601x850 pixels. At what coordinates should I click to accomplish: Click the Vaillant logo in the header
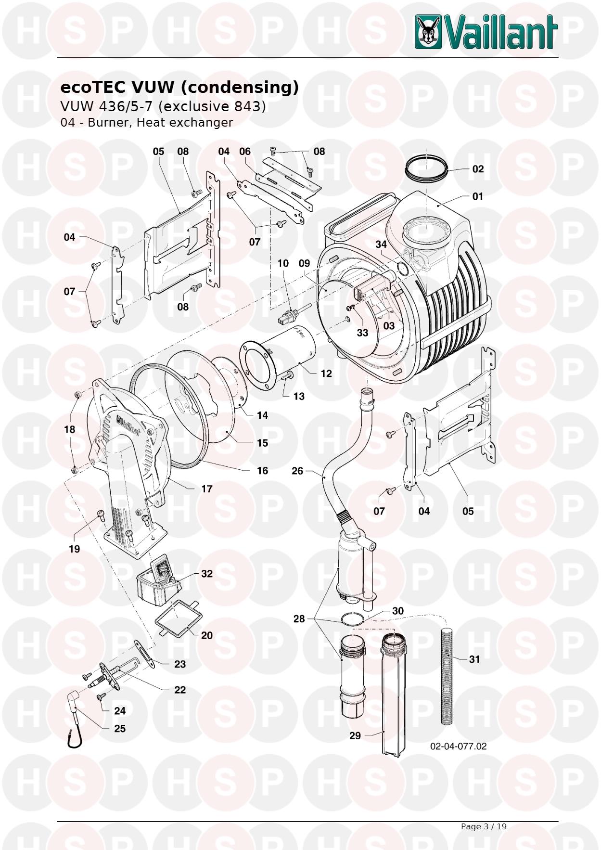point(486,31)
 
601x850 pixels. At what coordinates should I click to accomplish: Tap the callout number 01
point(477,196)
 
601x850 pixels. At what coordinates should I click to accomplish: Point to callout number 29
point(355,735)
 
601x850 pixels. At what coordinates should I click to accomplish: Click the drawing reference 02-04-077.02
point(458,746)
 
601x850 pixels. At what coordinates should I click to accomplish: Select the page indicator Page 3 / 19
point(484,826)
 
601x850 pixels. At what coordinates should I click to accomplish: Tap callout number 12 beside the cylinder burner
point(326,373)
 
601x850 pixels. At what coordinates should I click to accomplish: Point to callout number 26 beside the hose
point(297,471)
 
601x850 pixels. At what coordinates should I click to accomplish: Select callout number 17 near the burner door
point(206,489)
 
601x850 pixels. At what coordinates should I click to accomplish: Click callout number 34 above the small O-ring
point(381,245)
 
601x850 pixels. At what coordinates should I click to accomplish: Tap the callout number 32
point(206,574)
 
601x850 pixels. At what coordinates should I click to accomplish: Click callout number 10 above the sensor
point(283,263)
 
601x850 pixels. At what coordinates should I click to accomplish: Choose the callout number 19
point(74,549)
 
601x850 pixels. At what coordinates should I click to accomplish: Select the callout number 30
point(397,611)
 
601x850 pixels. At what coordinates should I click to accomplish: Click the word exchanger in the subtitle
point(202,123)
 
